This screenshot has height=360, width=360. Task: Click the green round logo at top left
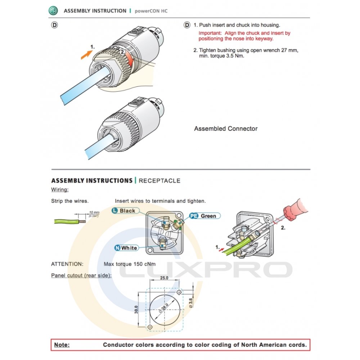click(53, 10)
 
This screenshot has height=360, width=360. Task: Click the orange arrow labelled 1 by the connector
click(86, 55)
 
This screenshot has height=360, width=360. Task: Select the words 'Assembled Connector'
click(226, 129)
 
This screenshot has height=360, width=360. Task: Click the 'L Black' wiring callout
click(125, 211)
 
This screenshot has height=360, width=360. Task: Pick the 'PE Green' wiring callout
click(205, 216)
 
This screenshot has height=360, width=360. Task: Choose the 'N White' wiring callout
click(126, 248)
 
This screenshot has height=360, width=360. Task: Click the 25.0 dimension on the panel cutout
click(164, 278)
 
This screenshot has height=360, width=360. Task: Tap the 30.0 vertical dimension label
click(136, 310)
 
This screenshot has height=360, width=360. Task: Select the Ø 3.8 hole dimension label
click(190, 303)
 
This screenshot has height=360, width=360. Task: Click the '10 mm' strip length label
click(94, 213)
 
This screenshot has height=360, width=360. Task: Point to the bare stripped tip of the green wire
click(82, 221)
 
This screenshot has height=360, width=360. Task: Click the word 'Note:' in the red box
click(62, 345)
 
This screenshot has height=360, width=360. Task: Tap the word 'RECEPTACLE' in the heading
click(159, 181)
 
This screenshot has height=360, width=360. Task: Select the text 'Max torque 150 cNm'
click(130, 264)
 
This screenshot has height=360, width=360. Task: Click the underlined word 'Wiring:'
click(60, 190)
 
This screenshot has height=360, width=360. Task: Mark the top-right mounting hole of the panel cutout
click(179, 292)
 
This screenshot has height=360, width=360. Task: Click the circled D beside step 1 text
click(187, 25)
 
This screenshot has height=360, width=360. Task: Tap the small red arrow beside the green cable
click(221, 249)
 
